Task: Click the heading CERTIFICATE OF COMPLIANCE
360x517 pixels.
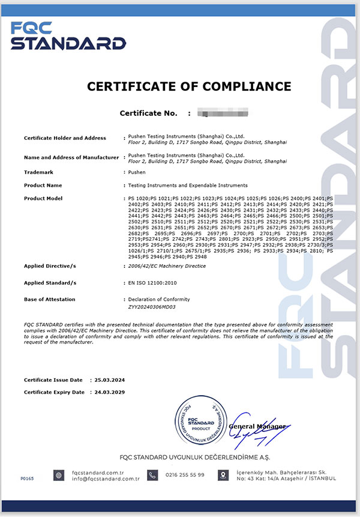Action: pyautogui.click(x=189, y=86)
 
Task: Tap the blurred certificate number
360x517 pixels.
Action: pyautogui.click(x=223, y=113)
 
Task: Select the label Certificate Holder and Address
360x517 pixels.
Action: pyautogui.click(x=65, y=138)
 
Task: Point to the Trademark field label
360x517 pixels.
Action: pyautogui.click(x=39, y=172)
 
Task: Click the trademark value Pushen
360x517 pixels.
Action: pyautogui.click(x=137, y=172)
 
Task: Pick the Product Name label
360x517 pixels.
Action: pyautogui.click(x=43, y=186)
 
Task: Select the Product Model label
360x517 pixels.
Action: pyautogui.click(x=44, y=198)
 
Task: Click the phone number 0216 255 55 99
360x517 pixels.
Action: pyautogui.click(x=185, y=475)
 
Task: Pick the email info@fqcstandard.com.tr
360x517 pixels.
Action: pyautogui.click(x=105, y=479)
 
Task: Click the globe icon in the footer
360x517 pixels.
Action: pyautogui.click(x=58, y=476)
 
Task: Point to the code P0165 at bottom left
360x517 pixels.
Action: pyautogui.click(x=27, y=479)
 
